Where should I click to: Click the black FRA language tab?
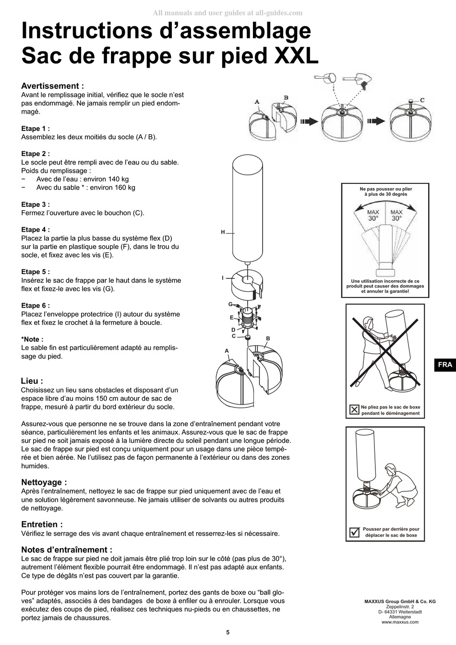[445, 365]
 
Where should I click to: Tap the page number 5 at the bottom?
[228, 633]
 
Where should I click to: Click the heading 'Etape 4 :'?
[36, 230]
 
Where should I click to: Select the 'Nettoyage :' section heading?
[44, 482]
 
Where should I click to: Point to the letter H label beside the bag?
[223, 232]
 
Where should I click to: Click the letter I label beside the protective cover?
[223, 278]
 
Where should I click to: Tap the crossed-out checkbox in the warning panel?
[354, 409]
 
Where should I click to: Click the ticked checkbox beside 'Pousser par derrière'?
[354, 532]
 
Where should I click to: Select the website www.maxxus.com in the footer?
[400, 622]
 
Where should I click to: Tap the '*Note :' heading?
[32, 339]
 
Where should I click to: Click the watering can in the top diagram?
[325, 78]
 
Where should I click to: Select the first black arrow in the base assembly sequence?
[309, 121]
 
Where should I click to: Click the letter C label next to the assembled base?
[422, 100]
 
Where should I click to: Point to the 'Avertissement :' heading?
[53, 86]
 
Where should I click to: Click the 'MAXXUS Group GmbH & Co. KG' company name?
[400, 601]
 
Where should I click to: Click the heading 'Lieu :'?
[32, 381]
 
